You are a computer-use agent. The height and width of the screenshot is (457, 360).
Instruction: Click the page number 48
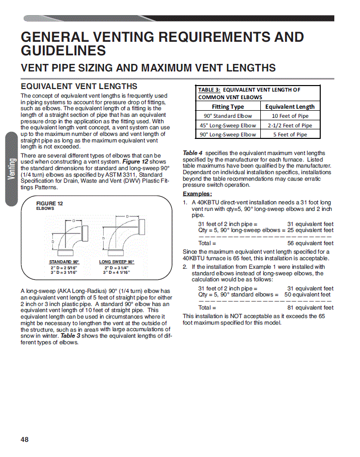coord(25,439)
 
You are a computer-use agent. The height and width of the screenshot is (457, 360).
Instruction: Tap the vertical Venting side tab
coord(12,169)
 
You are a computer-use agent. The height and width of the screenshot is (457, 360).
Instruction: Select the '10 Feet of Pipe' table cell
coord(290,116)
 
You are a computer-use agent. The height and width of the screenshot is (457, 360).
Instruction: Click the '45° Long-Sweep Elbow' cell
coord(228,125)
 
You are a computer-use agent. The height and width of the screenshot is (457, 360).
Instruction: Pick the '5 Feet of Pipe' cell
coord(290,134)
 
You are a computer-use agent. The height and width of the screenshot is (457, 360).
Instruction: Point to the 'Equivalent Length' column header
coord(290,106)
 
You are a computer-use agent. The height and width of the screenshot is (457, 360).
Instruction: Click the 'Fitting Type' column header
coord(228,106)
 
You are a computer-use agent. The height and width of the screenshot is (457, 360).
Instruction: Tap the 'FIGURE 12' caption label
coord(49,203)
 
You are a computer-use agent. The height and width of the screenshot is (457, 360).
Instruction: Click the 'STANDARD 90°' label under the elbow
coord(64,262)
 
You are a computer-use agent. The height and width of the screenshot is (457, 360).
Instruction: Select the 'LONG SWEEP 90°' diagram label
coord(117,262)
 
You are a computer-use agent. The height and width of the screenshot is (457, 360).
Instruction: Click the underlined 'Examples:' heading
coord(197,194)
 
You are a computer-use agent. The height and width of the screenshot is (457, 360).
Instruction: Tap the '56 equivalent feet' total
coord(310,243)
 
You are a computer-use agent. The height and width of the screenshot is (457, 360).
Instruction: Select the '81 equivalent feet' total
coord(310,308)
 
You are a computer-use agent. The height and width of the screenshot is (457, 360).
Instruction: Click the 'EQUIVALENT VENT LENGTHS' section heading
coord(79,86)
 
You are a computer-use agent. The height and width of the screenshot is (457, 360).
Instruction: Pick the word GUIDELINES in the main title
coord(63,50)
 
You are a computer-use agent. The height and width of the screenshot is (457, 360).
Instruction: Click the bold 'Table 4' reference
coord(192,153)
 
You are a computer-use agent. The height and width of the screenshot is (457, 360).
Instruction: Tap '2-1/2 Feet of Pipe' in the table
coord(290,125)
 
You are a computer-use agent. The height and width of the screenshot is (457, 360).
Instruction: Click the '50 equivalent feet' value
coord(308,294)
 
